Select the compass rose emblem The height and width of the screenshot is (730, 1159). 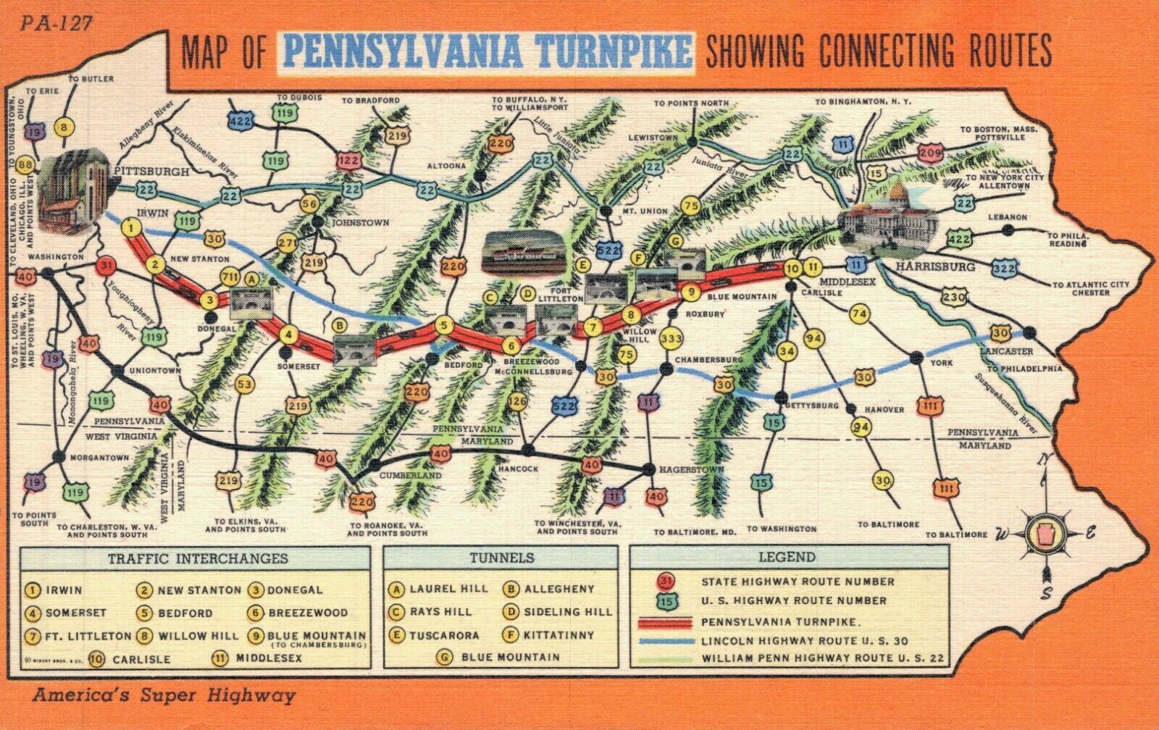pyautogui.click(x=1045, y=533)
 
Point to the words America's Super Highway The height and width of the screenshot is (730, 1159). pyautogui.click(x=164, y=696)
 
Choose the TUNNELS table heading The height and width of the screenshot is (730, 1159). pyautogui.click(x=501, y=558)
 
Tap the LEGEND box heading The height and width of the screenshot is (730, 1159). pyautogui.click(x=787, y=558)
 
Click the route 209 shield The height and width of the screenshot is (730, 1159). pyautogui.click(x=930, y=153)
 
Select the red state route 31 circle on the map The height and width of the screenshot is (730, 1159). pyautogui.click(x=106, y=267)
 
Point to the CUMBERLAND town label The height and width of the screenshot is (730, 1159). pyautogui.click(x=410, y=476)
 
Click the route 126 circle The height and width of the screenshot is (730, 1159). pyautogui.click(x=516, y=401)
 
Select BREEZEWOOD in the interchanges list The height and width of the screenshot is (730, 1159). pyautogui.click(x=307, y=613)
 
